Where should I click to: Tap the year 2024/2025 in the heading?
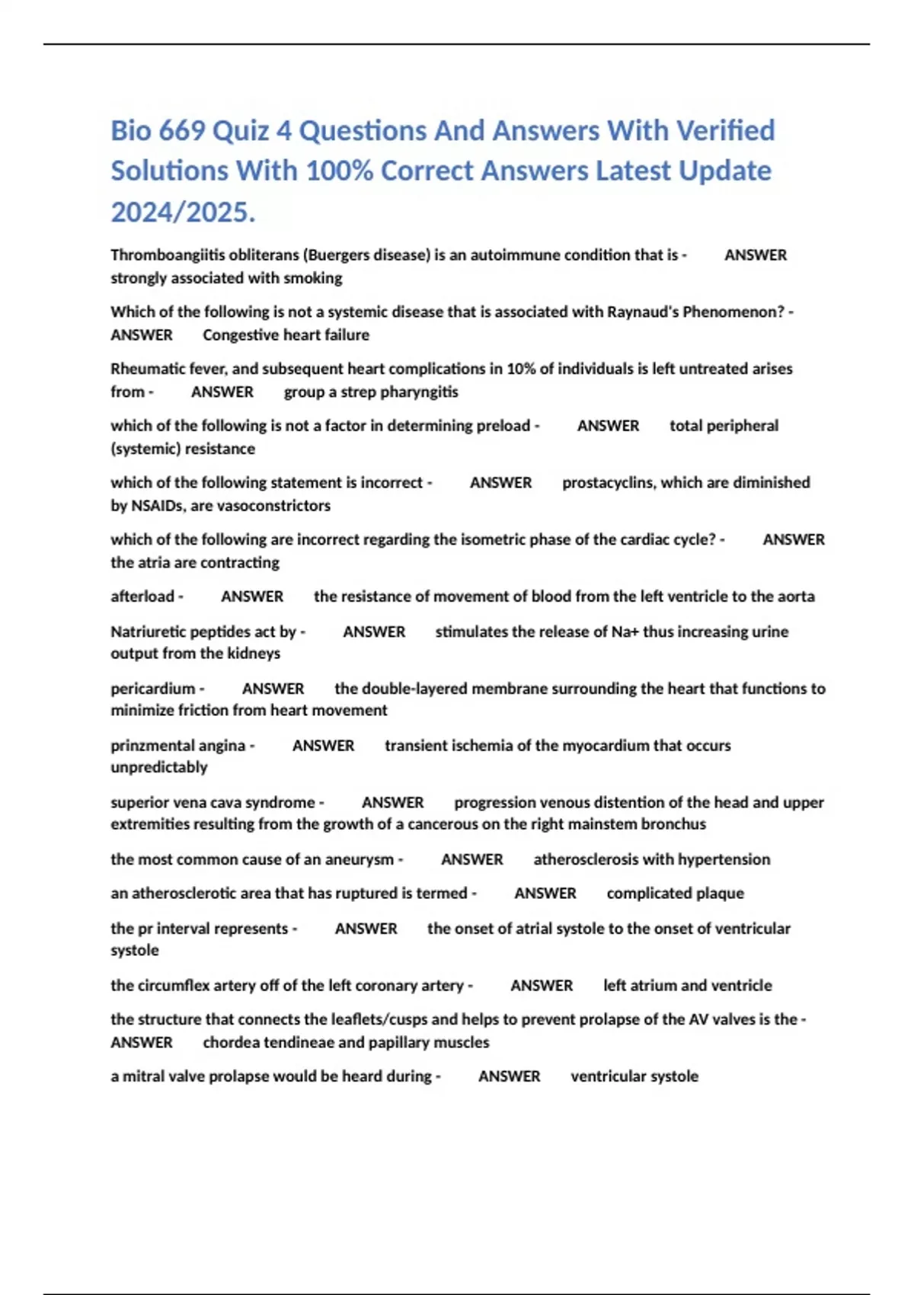(183, 212)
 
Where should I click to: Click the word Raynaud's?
(642, 312)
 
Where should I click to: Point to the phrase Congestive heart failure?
(286, 335)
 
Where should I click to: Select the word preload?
(503, 426)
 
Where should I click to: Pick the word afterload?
(142, 596)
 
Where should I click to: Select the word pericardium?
(153, 689)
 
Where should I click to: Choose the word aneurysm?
(360, 859)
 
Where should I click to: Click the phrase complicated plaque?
(675, 894)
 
